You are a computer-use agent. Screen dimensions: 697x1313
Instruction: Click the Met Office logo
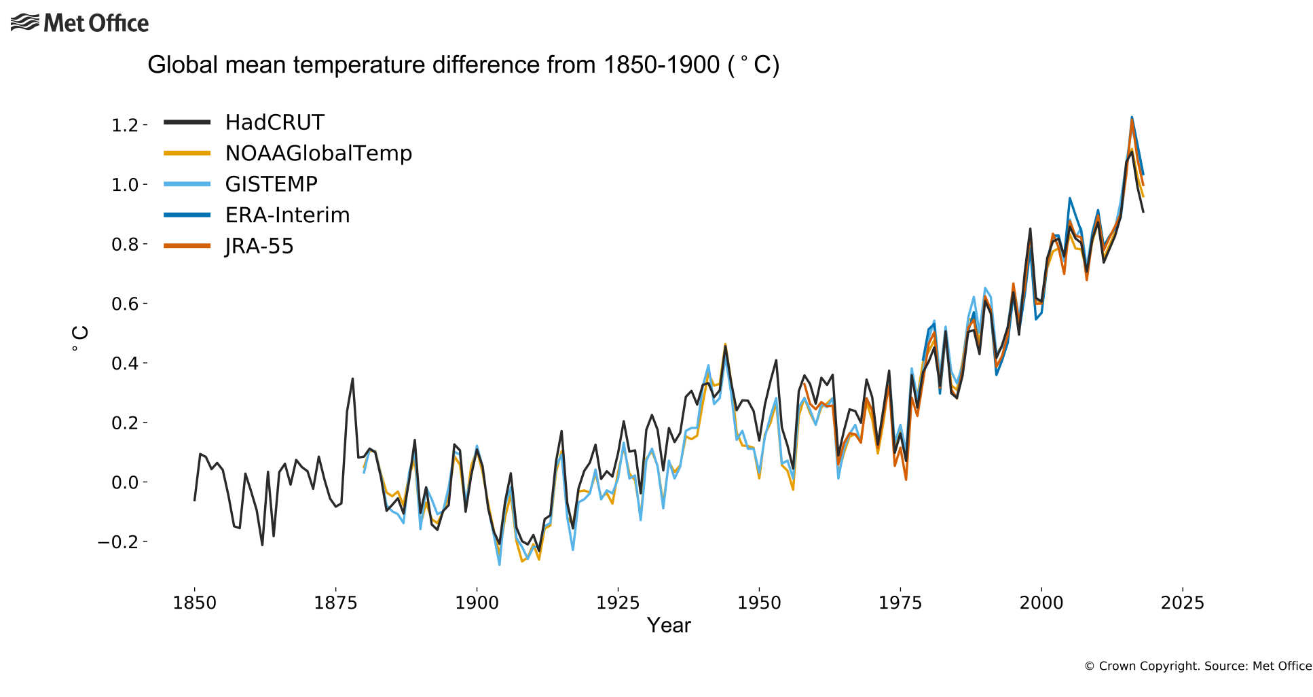click(x=79, y=23)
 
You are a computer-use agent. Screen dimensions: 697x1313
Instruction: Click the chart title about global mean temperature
click(x=463, y=65)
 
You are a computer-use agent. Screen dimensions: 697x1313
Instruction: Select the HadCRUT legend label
click(x=274, y=122)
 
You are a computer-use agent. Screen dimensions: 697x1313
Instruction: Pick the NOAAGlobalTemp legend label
click(x=318, y=154)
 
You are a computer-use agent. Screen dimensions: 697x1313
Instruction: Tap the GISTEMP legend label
click(x=271, y=184)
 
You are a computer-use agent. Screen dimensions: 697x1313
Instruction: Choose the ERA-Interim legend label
click(x=287, y=215)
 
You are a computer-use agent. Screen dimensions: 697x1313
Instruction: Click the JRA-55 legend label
click(x=259, y=246)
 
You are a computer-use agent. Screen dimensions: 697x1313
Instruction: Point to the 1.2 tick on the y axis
click(x=125, y=126)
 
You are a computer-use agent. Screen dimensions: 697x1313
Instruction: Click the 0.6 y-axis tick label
click(x=125, y=304)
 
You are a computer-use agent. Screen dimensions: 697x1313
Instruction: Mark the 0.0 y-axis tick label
click(x=125, y=482)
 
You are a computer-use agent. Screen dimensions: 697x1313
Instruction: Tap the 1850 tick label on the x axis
click(x=194, y=603)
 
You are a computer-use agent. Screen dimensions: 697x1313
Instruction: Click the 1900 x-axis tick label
click(x=477, y=603)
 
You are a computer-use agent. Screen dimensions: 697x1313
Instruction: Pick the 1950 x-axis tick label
click(x=759, y=603)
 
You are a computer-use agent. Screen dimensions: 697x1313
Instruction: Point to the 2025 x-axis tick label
click(x=1182, y=603)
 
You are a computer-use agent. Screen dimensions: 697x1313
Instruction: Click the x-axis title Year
click(x=669, y=626)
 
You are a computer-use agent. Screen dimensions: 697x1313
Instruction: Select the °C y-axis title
click(x=79, y=338)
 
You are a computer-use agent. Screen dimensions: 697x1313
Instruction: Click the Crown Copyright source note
click(x=1198, y=666)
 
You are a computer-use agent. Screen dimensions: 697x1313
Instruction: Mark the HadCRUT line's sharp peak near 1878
click(x=352, y=379)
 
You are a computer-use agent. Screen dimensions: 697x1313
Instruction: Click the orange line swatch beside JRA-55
click(x=187, y=246)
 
